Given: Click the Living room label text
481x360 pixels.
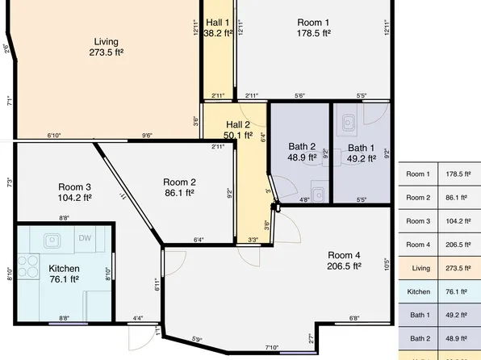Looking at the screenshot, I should pyautogui.click(x=106, y=41).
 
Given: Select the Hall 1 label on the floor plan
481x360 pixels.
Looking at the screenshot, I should pyautogui.click(x=218, y=23).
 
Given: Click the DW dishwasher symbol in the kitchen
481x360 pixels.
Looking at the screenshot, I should pyautogui.click(x=85, y=238).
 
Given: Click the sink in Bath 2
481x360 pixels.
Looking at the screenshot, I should pyautogui.click(x=320, y=193).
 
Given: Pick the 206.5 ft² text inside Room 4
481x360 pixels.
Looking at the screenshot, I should pyautogui.click(x=343, y=265).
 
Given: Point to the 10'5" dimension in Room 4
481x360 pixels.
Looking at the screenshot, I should pyautogui.click(x=387, y=263).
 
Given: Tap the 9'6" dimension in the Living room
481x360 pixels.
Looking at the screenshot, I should pyautogui.click(x=148, y=136).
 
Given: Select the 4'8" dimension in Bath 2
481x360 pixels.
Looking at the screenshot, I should pyautogui.click(x=304, y=199).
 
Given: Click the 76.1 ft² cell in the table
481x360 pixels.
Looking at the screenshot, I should pyautogui.click(x=457, y=291).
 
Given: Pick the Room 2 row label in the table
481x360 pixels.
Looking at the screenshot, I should pyautogui.click(x=417, y=197).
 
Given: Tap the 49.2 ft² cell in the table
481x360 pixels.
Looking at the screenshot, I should pyautogui.click(x=457, y=315).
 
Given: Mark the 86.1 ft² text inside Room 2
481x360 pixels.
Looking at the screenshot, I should pyautogui.click(x=180, y=193).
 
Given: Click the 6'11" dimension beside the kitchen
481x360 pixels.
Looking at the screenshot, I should pyautogui.click(x=157, y=283).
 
